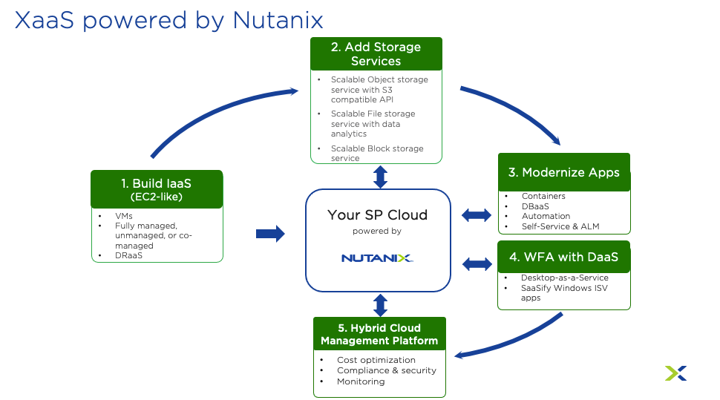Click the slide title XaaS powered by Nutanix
[169, 19]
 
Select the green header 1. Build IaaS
[157, 189]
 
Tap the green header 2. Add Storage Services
[376, 53]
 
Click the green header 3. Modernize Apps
[564, 172]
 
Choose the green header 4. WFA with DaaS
[564, 257]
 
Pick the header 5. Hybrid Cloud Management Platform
[379, 334]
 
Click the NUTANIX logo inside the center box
[377, 258]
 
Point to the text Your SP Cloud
[377, 215]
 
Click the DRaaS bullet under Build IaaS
[128, 255]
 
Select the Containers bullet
[543, 196]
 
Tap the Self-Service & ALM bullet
[560, 226]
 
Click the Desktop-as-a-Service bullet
[564, 278]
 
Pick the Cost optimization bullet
[376, 360]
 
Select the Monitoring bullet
[361, 381]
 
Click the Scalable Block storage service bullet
[376, 153]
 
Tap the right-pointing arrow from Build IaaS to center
[270, 234]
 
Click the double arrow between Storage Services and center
[380, 177]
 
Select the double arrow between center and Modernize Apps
[477, 215]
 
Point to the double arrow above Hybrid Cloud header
[380, 305]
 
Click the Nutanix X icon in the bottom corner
[675, 373]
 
